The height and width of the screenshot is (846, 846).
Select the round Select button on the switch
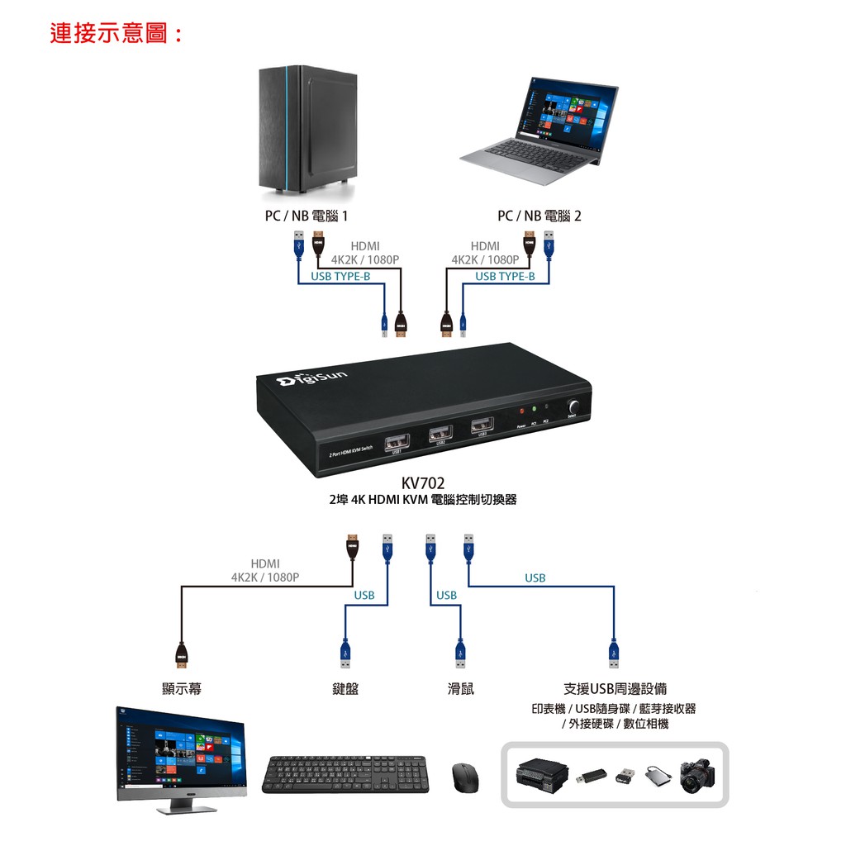(x=573, y=407)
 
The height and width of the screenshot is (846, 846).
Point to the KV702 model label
(x=423, y=483)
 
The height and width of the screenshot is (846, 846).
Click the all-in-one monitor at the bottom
(x=181, y=753)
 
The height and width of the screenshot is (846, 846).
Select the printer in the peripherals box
(x=542, y=773)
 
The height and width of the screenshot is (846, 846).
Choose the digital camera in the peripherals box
(x=696, y=776)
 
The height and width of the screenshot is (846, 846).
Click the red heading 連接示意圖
(x=116, y=34)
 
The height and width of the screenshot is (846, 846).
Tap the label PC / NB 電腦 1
(x=307, y=216)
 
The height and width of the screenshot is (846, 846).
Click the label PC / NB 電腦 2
(x=539, y=216)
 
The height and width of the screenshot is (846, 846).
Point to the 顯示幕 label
(x=182, y=688)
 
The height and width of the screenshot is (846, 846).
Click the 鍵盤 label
(x=345, y=688)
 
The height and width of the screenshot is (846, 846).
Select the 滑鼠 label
(x=461, y=688)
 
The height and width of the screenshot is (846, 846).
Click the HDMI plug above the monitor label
(x=182, y=654)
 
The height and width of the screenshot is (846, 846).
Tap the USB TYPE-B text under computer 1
(x=340, y=276)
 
